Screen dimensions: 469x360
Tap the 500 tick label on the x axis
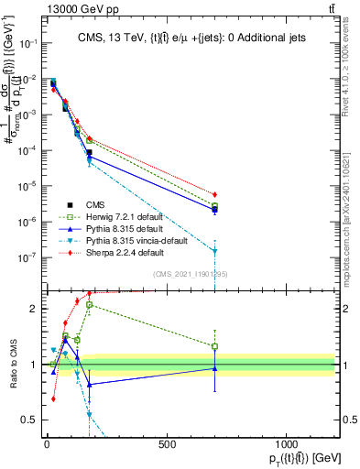(x=166, y=444)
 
